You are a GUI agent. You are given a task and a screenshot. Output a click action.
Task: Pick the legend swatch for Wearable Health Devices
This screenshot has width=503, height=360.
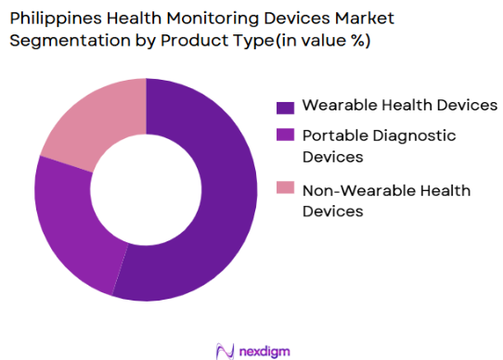pyautogui.click(x=285, y=106)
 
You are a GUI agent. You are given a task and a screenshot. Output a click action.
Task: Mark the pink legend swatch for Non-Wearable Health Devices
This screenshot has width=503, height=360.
pyautogui.click(x=285, y=190)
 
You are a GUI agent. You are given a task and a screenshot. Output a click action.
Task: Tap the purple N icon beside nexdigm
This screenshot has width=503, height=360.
pyautogui.click(x=224, y=349)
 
